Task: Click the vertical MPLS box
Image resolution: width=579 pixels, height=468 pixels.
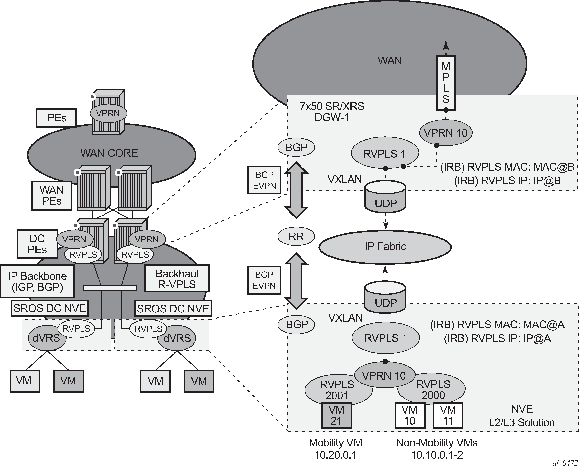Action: click(x=446, y=83)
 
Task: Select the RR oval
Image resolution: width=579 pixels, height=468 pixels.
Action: click(x=296, y=236)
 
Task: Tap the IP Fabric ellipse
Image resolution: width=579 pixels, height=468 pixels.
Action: click(x=385, y=246)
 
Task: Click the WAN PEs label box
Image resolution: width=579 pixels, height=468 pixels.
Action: click(x=52, y=195)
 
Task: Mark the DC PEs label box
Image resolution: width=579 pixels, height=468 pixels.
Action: click(x=37, y=244)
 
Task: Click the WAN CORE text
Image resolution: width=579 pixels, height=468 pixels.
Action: click(x=109, y=153)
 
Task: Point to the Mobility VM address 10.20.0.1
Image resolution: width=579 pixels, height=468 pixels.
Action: click(x=336, y=455)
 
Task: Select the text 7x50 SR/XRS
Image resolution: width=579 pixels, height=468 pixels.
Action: click(x=332, y=107)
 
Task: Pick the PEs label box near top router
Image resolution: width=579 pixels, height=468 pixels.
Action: click(x=56, y=118)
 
